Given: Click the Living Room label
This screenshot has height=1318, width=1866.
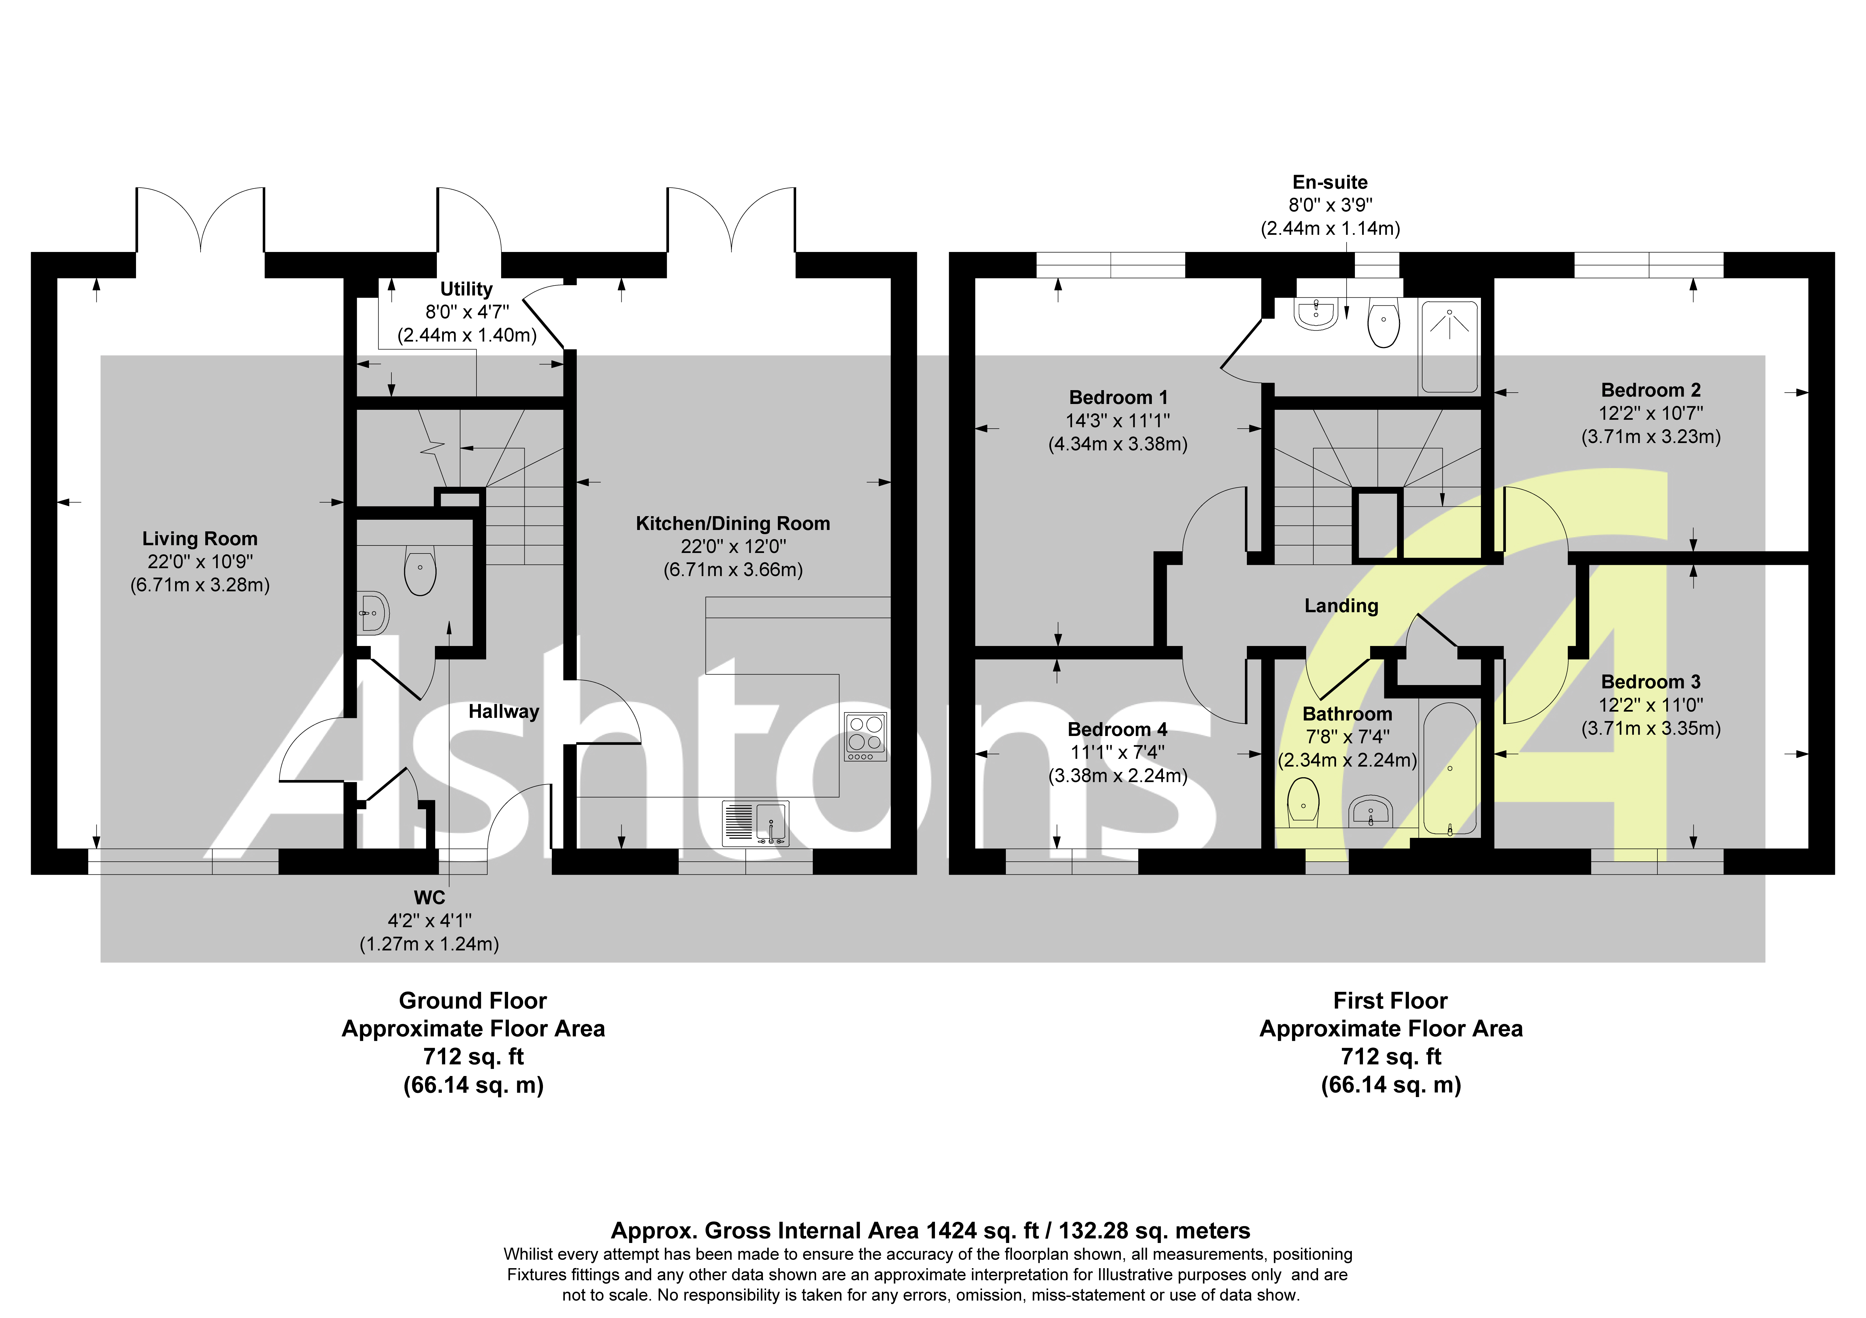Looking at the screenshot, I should (200, 539).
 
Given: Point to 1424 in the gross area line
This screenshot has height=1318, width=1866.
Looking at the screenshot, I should (951, 1231).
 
